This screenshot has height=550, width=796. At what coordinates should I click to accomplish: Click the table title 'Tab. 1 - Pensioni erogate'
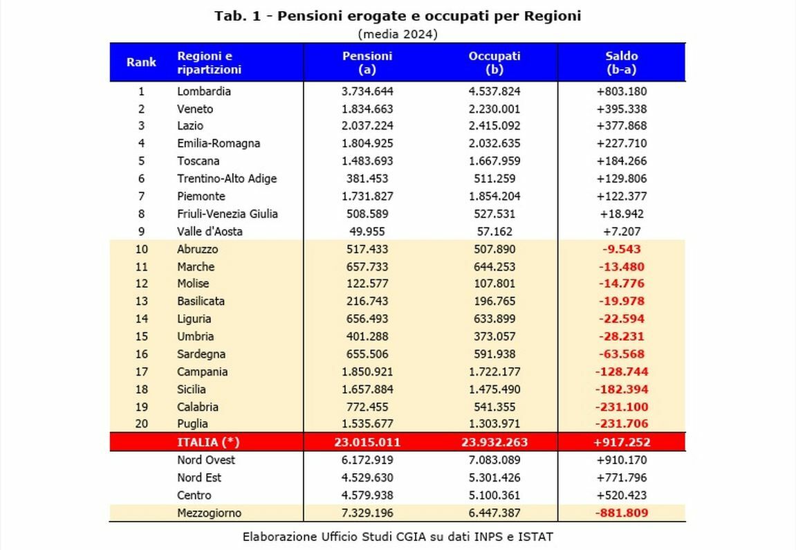click(397, 16)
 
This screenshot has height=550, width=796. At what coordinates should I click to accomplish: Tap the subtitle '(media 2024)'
click(397, 34)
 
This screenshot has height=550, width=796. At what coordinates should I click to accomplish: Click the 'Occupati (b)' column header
click(494, 62)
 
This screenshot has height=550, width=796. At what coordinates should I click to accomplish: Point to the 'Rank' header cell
click(141, 62)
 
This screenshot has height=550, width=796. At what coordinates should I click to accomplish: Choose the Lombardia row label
click(203, 91)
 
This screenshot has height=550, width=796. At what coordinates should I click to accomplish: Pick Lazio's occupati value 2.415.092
click(494, 126)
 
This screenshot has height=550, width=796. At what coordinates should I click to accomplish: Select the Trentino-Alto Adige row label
click(226, 178)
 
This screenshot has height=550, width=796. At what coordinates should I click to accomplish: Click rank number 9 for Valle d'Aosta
click(141, 232)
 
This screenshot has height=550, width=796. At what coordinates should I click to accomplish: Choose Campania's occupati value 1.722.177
click(494, 372)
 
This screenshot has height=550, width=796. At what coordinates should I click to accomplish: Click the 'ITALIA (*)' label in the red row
click(208, 442)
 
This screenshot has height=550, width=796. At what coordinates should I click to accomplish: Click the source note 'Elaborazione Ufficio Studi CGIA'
click(398, 536)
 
